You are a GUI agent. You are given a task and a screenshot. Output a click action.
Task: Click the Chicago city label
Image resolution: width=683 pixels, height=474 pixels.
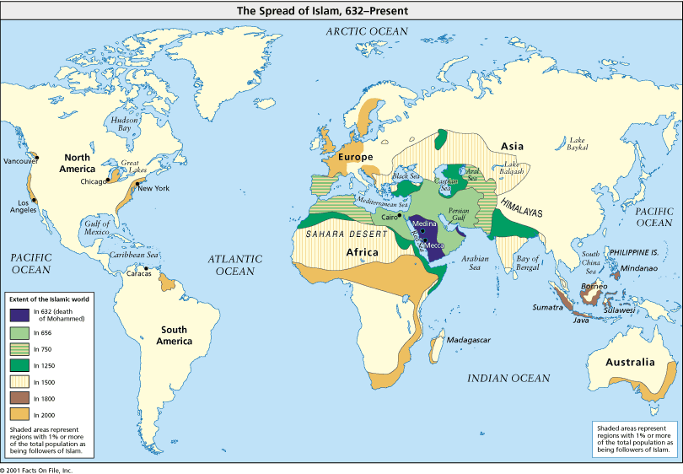[93, 181]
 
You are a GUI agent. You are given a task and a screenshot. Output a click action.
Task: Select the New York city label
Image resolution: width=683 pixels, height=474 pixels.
[154, 187]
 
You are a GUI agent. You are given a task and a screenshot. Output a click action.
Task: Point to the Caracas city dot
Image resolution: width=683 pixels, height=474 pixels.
[147, 269]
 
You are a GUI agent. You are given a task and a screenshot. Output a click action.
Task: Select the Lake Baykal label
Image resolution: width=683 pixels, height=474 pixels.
[578, 143]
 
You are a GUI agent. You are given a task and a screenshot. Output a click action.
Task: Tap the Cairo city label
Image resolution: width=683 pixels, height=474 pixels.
[389, 217]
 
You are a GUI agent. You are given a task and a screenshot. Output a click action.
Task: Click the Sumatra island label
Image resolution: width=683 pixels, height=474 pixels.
[546, 308]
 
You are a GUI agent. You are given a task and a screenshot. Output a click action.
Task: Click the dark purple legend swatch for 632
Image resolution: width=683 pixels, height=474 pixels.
[19, 314]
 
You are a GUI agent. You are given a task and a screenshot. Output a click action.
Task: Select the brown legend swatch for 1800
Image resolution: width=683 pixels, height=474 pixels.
[19, 396]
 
